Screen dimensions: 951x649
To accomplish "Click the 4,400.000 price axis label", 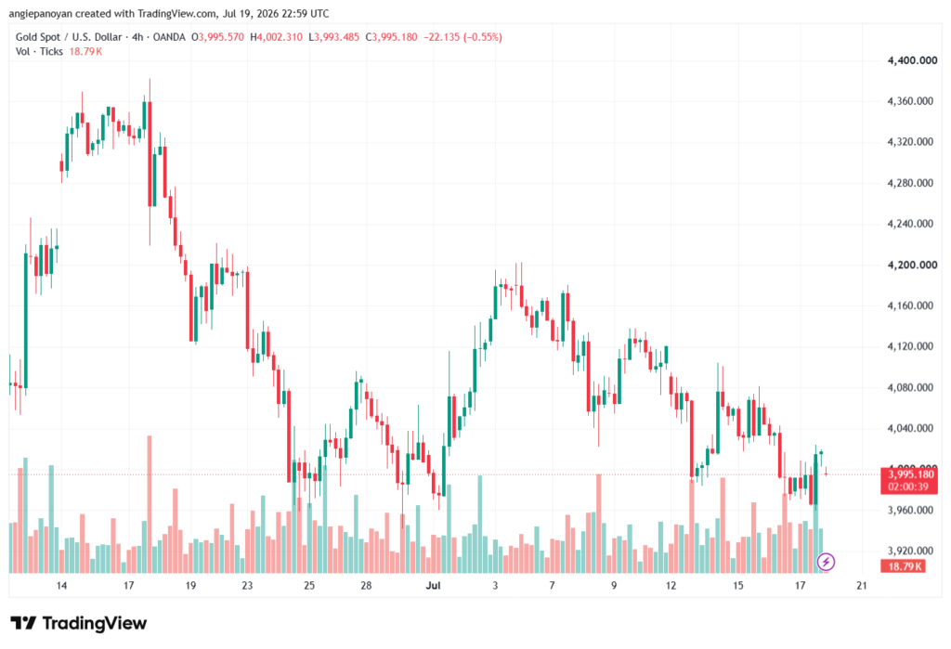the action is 912,60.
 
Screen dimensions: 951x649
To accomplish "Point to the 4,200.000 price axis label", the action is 912,265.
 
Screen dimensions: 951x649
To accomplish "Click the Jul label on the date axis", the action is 433,585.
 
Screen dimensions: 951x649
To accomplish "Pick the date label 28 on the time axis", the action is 366,585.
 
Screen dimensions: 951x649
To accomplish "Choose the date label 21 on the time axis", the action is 861,585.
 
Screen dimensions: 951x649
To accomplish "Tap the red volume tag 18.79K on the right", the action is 903,566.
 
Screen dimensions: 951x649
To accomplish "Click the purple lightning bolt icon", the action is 826,562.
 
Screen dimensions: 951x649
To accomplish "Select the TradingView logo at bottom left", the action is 78,623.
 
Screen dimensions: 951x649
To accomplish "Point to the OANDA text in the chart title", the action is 169,37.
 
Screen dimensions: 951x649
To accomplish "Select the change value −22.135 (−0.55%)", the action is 462,37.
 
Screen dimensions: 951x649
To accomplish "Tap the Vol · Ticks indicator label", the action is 39,52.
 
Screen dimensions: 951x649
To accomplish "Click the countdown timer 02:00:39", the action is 908,487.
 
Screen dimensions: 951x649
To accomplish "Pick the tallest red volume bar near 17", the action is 150,504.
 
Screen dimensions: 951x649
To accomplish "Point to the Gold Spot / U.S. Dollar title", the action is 69,37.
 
